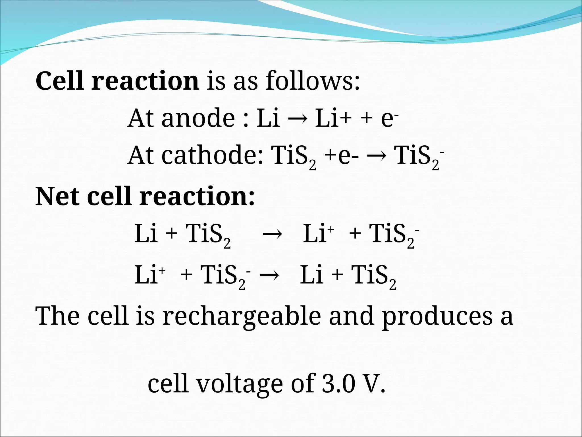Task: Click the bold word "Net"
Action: click(x=57, y=196)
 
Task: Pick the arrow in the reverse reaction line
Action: click(x=269, y=275)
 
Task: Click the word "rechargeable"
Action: click(x=242, y=316)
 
